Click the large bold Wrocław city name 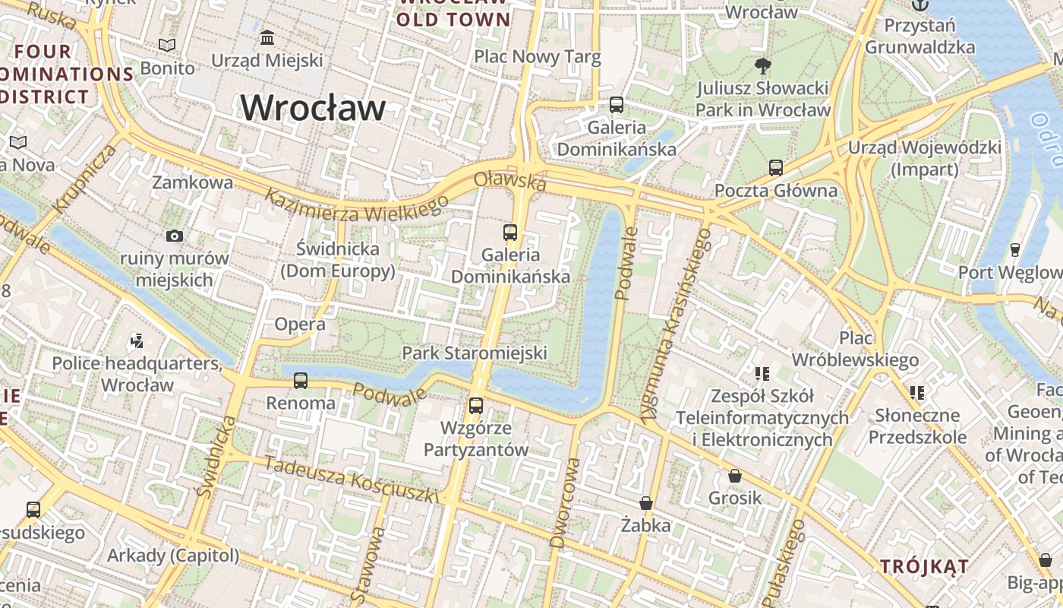[x=314, y=107]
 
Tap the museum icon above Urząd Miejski [x=267, y=37]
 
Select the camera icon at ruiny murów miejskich [x=175, y=236]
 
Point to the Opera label [x=300, y=325]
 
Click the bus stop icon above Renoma [x=301, y=380]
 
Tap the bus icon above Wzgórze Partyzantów [x=476, y=405]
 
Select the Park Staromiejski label [x=475, y=353]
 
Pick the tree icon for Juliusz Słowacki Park [x=763, y=66]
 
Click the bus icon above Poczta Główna [x=775, y=167]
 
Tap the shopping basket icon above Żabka [x=645, y=503]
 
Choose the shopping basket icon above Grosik [x=734, y=476]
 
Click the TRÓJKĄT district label [x=924, y=566]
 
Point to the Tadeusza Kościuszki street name [x=352, y=479]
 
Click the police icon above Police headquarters [x=137, y=340]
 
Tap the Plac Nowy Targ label [x=537, y=56]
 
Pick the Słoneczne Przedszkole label [x=917, y=426]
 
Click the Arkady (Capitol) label [x=173, y=556]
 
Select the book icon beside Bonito [x=167, y=46]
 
